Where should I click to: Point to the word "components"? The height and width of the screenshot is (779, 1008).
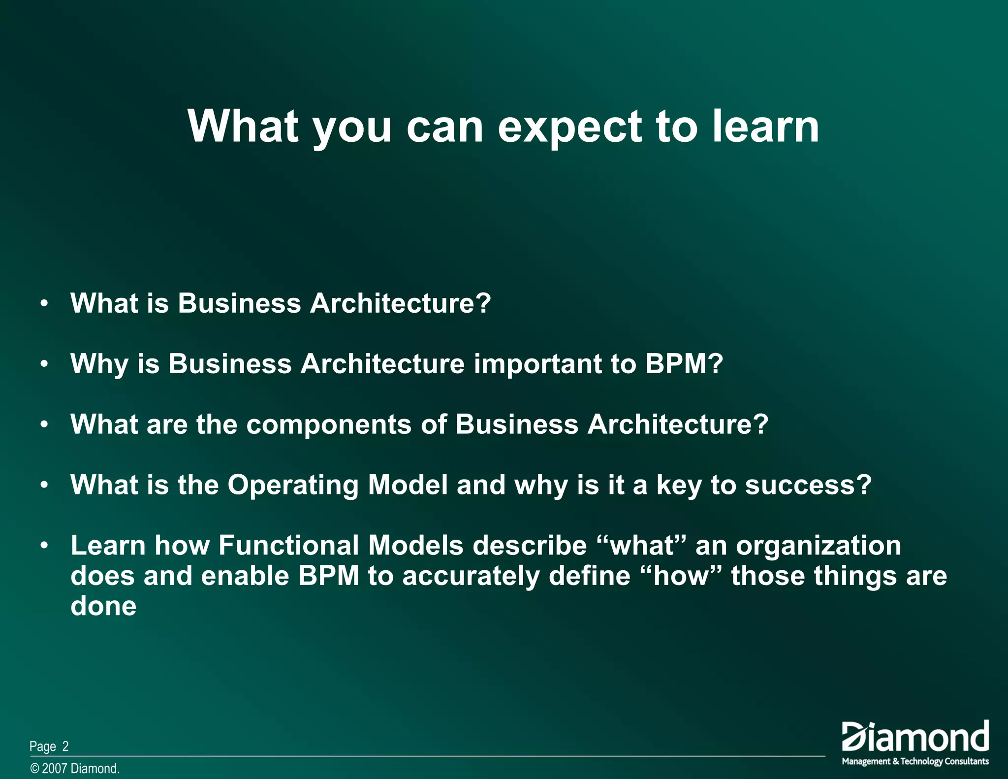click(x=328, y=424)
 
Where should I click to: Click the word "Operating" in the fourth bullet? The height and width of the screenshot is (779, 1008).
click(x=293, y=486)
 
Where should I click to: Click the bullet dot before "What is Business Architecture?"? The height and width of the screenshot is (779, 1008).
click(x=44, y=303)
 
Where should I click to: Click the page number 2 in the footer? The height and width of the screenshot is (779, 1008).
click(x=65, y=747)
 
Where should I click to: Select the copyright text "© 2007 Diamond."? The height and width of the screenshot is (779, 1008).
click(x=75, y=769)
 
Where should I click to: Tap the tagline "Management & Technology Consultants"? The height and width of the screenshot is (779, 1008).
click(x=915, y=761)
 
